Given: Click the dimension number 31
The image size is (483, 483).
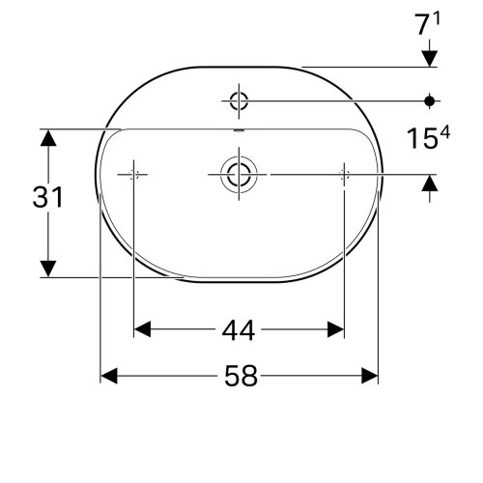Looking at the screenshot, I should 46,198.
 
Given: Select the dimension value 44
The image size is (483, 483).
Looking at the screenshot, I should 238,330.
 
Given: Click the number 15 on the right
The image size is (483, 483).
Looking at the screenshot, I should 417,141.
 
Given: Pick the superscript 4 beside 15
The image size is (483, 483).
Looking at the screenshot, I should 445,134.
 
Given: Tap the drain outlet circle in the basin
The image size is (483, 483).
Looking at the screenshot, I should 238,174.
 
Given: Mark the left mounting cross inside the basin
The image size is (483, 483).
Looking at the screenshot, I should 133,174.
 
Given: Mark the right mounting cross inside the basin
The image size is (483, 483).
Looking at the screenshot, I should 344,174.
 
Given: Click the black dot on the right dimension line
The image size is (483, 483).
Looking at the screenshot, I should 430,99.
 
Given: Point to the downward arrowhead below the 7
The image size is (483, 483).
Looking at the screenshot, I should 430,59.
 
